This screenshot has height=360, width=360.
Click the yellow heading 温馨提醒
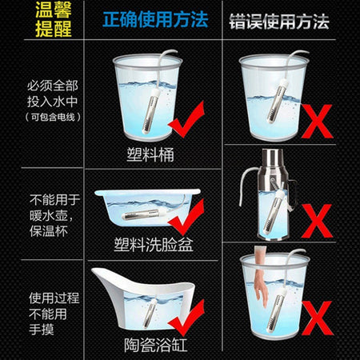pyautogui.click(x=54, y=20)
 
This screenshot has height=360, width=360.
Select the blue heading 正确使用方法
pyautogui.click(x=155, y=20)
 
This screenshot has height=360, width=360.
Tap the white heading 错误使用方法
pyautogui.click(x=279, y=22)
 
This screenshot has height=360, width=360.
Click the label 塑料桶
pyautogui.click(x=150, y=154)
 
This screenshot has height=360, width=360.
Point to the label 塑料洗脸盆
pyautogui.click(x=154, y=244)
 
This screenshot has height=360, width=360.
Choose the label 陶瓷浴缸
pyautogui.click(x=156, y=345)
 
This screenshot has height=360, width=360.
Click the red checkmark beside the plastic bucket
pyautogui.click(x=186, y=119)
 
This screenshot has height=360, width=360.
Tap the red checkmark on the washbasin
pyautogui.click(x=186, y=218)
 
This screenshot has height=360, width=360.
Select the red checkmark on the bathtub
pyautogui.click(x=186, y=318)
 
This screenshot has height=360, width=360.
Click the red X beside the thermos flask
pyautogui.click(x=317, y=221)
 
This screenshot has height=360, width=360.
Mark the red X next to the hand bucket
pyautogui.click(x=317, y=318)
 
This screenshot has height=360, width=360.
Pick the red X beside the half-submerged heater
pyautogui.click(x=317, y=122)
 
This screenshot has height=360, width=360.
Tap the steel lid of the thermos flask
pyautogui.click(x=272, y=158)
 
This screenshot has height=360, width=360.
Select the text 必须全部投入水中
pyautogui.click(x=52, y=94)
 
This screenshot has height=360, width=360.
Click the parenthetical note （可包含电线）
pyautogui.click(x=53, y=117)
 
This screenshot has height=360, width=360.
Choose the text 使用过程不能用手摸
pyautogui.click(x=54, y=314)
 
